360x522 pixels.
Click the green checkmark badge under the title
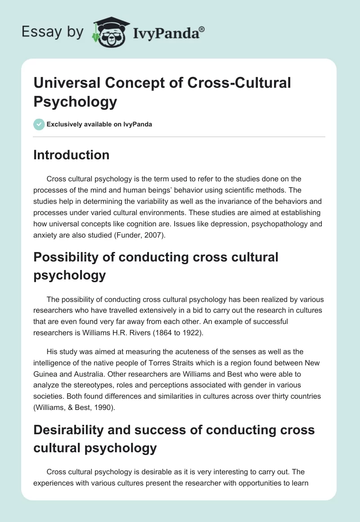point(39,124)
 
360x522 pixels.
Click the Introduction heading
point(72,155)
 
